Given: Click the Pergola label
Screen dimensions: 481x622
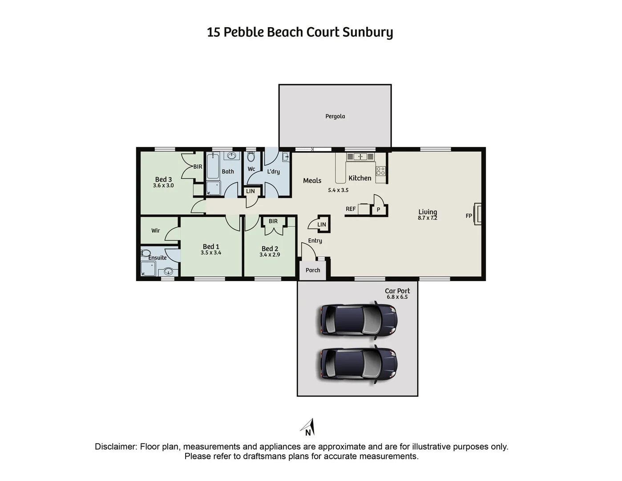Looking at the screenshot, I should pos(335,116).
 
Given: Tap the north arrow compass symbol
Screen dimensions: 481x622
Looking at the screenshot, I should pos(309,428).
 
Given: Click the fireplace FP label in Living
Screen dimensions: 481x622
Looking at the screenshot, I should pos(469,216).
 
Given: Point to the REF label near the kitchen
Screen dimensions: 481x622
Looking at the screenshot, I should pos(351,209).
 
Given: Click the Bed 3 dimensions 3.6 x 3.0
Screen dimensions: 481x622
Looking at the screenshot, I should pos(163,186).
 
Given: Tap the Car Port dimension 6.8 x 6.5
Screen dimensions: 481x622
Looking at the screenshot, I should pos(397,297).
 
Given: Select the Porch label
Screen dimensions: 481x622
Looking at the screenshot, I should pos(313,270).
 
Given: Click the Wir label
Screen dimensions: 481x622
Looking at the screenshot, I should pos(155,231).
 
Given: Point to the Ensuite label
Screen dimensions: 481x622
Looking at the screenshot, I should pos(158,258).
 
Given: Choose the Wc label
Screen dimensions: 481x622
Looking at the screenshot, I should pos(251,169).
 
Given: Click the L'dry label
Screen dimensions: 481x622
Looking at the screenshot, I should pos(273,171).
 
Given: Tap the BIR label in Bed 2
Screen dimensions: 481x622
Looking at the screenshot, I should pos(273,221).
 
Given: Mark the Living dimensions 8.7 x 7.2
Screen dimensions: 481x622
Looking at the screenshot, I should pos(427,218).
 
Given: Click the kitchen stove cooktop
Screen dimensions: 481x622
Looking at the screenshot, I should pos(380,171).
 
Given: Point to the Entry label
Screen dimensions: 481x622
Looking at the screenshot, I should pos(315,241).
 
